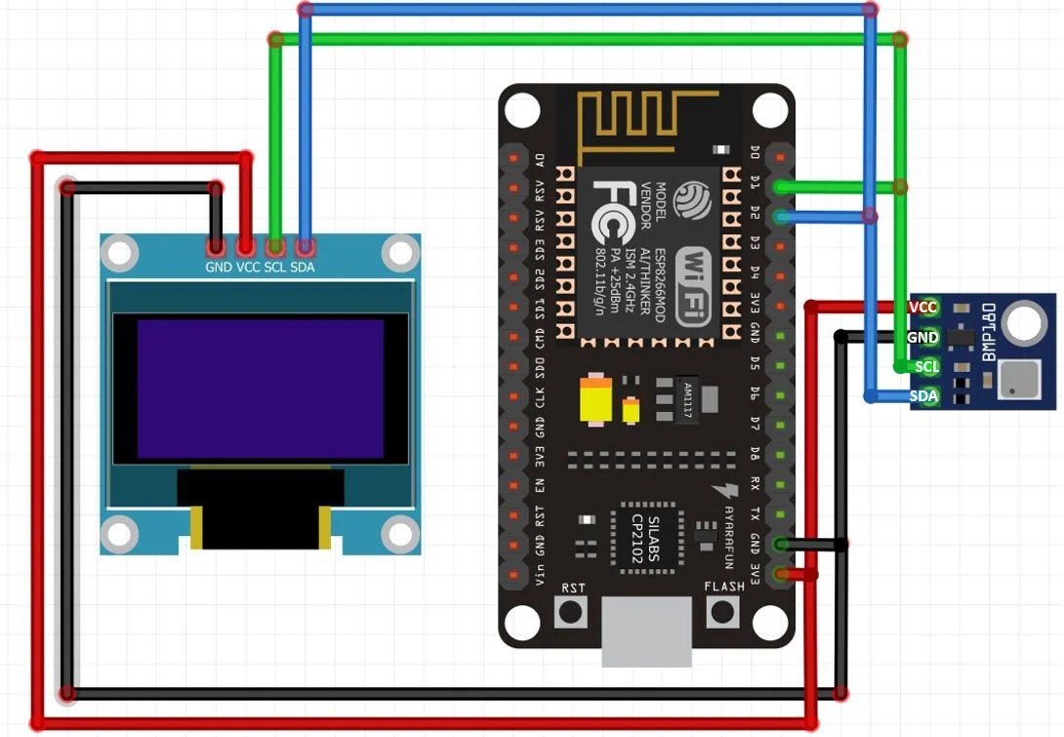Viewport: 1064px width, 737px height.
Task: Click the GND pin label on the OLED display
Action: (x=218, y=267)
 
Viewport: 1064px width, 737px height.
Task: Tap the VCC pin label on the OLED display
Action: (x=248, y=267)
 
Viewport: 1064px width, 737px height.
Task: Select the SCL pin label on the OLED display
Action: (x=275, y=267)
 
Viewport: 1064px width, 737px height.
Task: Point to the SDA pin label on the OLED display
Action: (x=303, y=267)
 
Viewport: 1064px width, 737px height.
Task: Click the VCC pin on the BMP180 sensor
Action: (x=923, y=307)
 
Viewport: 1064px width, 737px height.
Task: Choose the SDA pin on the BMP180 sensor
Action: (x=923, y=396)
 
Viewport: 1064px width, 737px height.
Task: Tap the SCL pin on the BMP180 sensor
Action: (x=924, y=367)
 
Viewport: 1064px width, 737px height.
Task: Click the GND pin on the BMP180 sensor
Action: (x=923, y=338)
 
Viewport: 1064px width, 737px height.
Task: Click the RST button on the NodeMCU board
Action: (x=571, y=611)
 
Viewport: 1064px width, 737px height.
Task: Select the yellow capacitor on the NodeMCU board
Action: (x=595, y=399)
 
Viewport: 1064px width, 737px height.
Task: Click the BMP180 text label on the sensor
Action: (x=989, y=333)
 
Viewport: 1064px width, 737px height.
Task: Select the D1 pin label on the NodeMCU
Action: (x=755, y=184)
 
